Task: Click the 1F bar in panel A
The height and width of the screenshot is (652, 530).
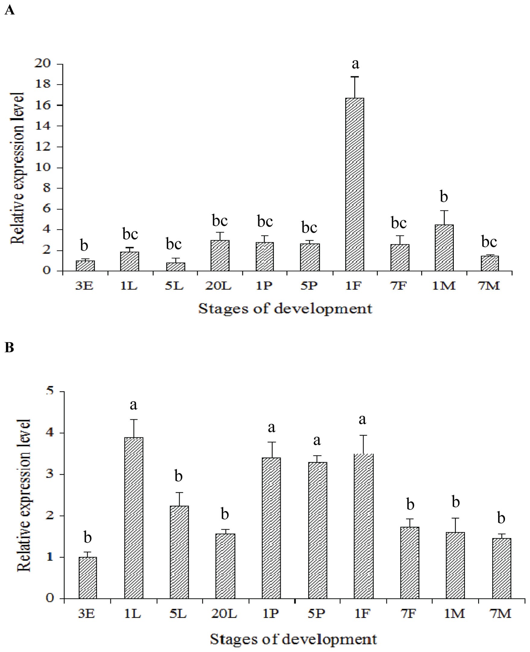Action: point(355,184)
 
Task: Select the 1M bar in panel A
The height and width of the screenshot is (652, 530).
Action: point(444,248)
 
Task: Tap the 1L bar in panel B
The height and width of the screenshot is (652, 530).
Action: point(134,518)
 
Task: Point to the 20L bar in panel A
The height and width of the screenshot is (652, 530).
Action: point(220,255)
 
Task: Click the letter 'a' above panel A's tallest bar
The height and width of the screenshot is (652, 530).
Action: point(355,64)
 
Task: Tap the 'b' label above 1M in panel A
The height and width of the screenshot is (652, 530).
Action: point(444,197)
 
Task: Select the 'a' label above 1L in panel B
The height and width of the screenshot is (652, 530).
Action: point(134,405)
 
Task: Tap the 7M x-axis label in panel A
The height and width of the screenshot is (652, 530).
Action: point(489,286)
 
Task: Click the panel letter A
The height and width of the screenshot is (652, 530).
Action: point(9,11)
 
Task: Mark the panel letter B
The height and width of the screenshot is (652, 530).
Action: point(9,347)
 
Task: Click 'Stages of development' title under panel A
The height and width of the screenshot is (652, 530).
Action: point(285,309)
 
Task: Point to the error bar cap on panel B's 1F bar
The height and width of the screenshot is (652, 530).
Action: point(363,435)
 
